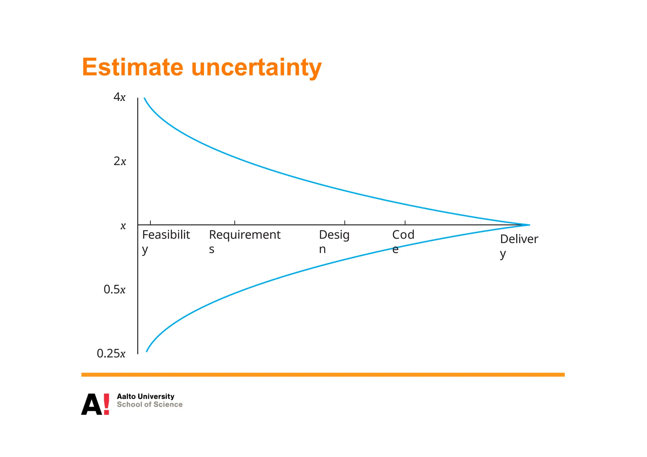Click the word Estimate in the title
click(x=132, y=67)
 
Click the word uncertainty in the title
click(x=256, y=67)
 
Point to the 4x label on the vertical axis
click(x=119, y=97)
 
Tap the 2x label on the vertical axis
click(x=120, y=161)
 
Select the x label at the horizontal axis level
click(x=123, y=226)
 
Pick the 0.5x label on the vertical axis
click(x=114, y=289)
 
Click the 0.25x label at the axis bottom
click(x=111, y=353)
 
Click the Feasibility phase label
click(x=166, y=241)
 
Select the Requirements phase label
click(x=245, y=241)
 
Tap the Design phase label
click(x=334, y=241)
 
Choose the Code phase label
click(x=403, y=241)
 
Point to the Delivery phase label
click(x=519, y=245)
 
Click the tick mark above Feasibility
click(x=150, y=223)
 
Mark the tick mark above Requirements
click(x=235, y=223)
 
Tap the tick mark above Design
click(x=345, y=223)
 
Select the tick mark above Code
click(x=405, y=223)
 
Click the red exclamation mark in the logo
click(x=106, y=404)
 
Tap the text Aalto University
click(x=145, y=396)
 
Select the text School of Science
click(x=149, y=405)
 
